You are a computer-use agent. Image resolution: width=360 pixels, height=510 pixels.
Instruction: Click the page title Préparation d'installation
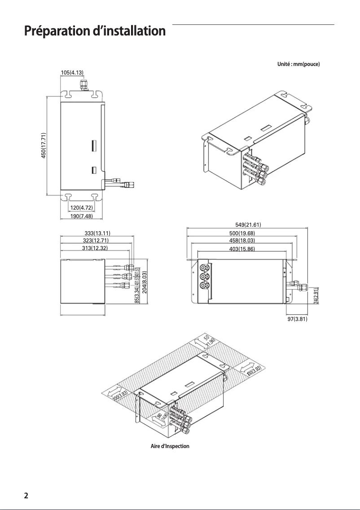(95, 32)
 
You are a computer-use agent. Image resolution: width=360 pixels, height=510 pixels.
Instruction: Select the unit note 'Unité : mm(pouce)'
(299, 64)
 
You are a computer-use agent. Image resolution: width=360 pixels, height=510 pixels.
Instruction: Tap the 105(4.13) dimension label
(72, 72)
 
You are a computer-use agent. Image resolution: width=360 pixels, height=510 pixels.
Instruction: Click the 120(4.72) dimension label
(81, 207)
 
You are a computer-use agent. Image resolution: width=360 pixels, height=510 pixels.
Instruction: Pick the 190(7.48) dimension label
(81, 216)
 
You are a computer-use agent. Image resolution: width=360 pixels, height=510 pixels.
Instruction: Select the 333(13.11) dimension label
(97, 233)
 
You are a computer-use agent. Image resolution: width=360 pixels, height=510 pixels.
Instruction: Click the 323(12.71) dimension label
(96, 240)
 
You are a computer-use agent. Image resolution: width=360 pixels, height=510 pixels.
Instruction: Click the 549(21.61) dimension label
(248, 225)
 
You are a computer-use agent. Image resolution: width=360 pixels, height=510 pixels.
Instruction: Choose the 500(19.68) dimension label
(242, 233)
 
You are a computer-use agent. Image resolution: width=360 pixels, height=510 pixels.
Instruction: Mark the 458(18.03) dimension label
(242, 241)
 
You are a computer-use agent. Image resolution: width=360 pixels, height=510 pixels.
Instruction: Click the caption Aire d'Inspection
(170, 446)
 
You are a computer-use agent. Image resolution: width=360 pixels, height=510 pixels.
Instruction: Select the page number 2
(26, 496)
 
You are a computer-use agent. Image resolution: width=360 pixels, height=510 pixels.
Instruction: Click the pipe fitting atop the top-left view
(83, 84)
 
